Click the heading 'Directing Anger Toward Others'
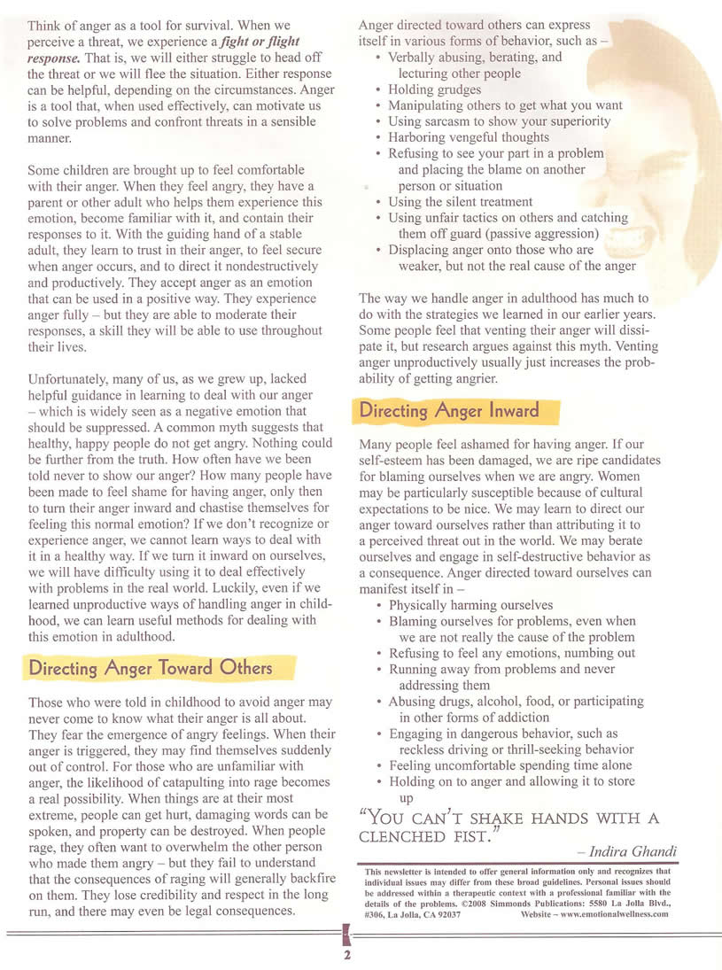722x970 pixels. [151, 667]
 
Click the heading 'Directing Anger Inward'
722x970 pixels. [448, 411]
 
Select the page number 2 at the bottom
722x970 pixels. [347, 955]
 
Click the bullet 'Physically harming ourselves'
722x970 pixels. [470, 605]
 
